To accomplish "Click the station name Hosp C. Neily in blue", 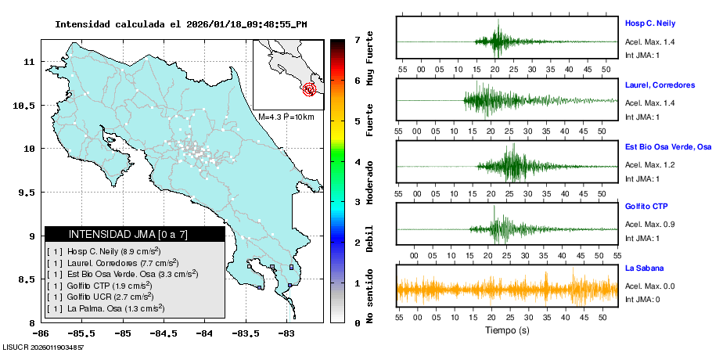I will tap(649, 23).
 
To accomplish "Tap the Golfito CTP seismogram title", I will tap(646, 206).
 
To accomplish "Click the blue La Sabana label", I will tap(645, 268).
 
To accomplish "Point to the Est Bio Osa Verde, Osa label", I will tap(667, 146).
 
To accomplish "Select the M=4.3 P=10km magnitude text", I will tap(286, 117).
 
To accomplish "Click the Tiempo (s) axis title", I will tap(506, 330).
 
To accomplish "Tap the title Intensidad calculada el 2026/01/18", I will tap(181, 24).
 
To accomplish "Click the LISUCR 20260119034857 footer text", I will tap(44, 346).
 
